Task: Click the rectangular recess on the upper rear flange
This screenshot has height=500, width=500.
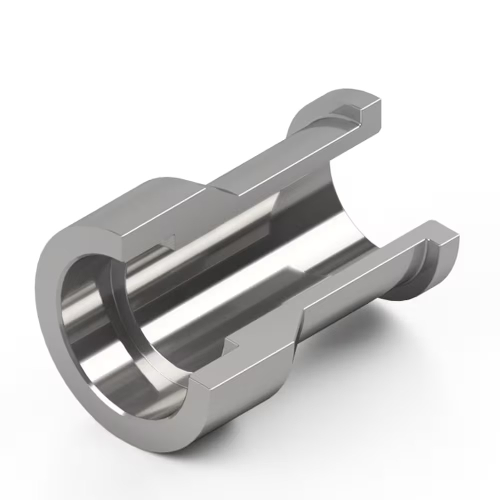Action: pyautogui.click(x=347, y=112)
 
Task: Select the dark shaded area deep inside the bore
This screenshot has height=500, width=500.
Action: pyautogui.click(x=315, y=210)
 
